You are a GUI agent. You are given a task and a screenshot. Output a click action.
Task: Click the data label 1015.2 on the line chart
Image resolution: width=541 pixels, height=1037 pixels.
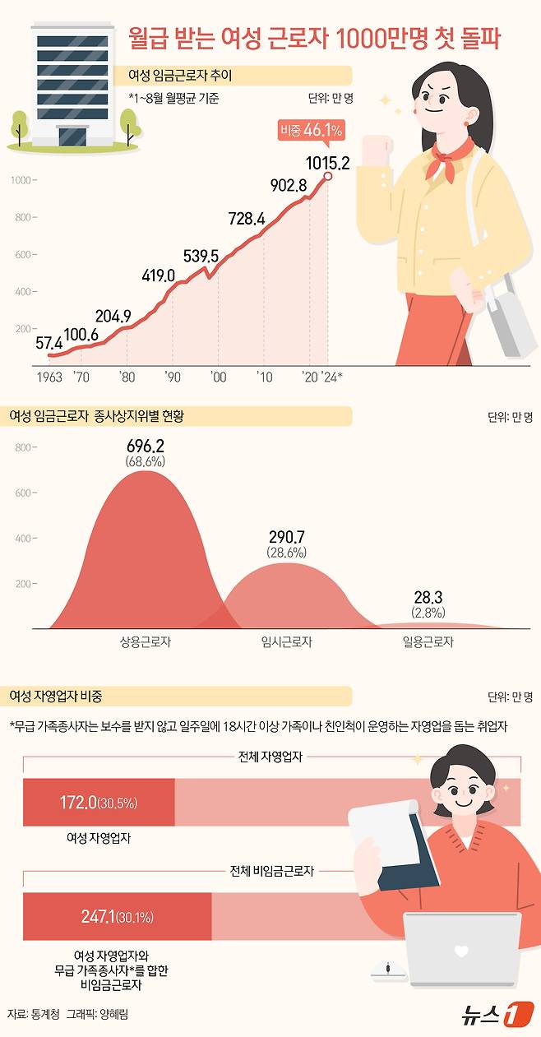(327, 163)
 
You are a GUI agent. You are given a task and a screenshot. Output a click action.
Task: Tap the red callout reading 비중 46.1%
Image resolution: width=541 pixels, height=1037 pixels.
(312, 130)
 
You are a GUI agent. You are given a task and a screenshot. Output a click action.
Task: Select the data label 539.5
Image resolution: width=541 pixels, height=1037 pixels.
(200, 257)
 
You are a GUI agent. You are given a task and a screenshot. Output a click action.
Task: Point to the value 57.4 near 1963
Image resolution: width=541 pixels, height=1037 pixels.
(49, 342)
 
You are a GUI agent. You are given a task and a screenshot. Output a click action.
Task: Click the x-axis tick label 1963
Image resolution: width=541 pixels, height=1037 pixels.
(49, 376)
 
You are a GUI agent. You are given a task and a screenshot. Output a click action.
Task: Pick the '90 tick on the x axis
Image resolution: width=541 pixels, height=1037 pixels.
(173, 376)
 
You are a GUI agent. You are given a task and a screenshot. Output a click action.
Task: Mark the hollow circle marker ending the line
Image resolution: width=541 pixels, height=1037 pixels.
(328, 176)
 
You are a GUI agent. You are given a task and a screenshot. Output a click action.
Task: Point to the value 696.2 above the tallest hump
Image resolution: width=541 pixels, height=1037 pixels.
(146, 447)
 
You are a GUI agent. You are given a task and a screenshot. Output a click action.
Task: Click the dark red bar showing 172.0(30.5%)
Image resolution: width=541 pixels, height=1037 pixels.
(99, 803)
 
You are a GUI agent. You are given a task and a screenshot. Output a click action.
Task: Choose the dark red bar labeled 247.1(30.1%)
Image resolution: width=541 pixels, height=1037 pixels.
(118, 916)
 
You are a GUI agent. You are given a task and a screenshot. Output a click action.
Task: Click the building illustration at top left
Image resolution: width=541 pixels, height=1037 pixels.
(72, 82)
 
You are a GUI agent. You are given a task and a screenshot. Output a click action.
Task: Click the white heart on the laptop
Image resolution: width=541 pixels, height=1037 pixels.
(461, 952)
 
